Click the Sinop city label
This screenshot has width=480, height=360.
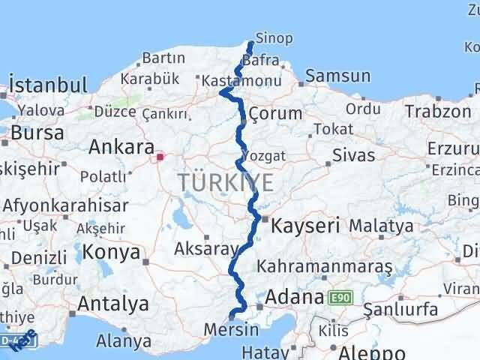click(x=270, y=37)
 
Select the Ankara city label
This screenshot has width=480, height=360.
click(x=121, y=147)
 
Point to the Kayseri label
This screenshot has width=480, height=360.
click(x=305, y=223)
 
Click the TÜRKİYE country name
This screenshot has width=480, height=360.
click(x=226, y=181)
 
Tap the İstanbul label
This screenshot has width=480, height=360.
click(x=45, y=82)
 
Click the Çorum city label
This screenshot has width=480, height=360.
click(x=274, y=113)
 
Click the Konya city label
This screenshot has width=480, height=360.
click(x=112, y=252)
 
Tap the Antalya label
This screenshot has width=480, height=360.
click(x=112, y=304)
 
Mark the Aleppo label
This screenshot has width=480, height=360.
click(x=372, y=352)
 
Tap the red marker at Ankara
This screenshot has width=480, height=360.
click(x=159, y=157)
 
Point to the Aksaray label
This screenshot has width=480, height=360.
click(x=205, y=248)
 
